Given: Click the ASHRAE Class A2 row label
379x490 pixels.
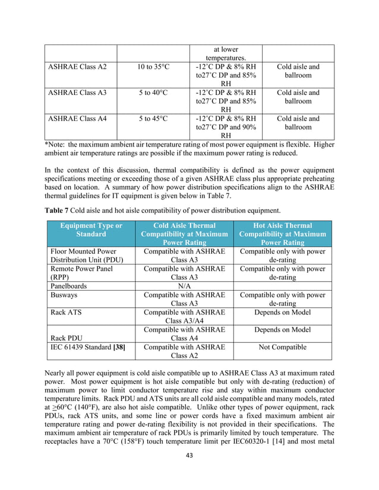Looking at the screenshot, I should pyautogui.click(x=78, y=67).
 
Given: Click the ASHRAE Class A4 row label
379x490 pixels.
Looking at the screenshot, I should pyautogui.click(x=78, y=119).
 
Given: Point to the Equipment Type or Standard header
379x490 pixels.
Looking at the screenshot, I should pyautogui.click(x=91, y=230).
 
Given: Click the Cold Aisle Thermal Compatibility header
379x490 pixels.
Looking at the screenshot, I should pyautogui.click(x=185, y=234).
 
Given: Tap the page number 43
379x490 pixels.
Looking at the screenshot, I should pyautogui.click(x=190, y=472).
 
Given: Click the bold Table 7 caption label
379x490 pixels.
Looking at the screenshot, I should pyautogui.click(x=58, y=210).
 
